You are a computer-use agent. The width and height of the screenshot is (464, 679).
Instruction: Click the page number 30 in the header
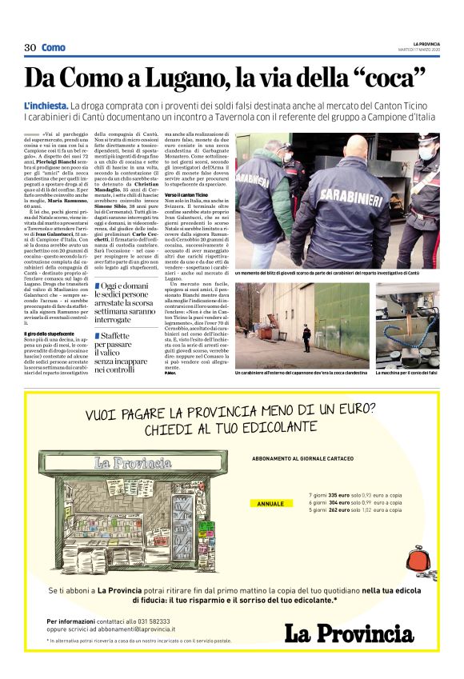tap(30, 48)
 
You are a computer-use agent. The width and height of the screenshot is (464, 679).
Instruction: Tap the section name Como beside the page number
tap(54, 48)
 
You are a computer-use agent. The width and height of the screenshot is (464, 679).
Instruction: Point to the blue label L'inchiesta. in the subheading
tap(46, 106)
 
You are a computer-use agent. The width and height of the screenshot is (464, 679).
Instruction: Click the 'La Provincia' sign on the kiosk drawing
tap(133, 462)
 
